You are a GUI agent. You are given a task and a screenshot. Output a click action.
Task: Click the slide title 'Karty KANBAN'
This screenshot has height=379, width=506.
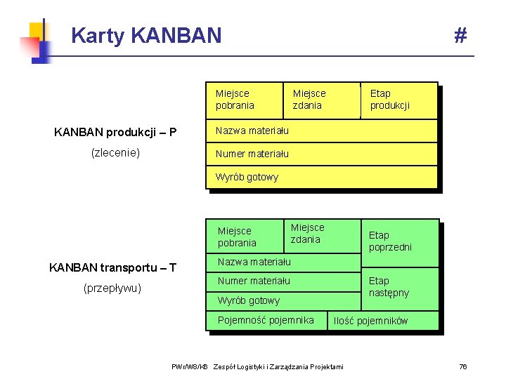tap(146, 35)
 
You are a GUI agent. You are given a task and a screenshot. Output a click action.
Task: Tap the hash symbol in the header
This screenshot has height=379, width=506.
tap(460, 35)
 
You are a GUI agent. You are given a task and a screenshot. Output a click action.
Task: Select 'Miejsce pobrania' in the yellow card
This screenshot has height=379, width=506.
tap(235, 99)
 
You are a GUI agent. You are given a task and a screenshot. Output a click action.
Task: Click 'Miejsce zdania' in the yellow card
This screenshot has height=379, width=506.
tap(309, 99)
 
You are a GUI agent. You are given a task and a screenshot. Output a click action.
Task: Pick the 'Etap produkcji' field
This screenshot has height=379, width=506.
tap(390, 99)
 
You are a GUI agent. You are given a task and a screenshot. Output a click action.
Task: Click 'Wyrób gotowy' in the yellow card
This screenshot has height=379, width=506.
tap(247, 177)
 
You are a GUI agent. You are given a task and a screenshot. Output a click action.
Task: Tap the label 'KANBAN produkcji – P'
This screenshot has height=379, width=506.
tap(115, 132)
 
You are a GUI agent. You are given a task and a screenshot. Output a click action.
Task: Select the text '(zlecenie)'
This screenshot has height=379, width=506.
tap(115, 152)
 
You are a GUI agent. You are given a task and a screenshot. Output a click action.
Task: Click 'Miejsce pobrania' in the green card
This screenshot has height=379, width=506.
tap(238, 237)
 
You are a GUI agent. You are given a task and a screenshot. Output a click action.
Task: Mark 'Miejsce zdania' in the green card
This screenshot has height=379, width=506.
tap(308, 233)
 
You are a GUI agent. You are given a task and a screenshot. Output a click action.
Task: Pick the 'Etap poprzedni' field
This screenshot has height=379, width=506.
tap(391, 241)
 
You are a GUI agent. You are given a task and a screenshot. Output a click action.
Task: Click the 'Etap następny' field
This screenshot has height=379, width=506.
tap(389, 286)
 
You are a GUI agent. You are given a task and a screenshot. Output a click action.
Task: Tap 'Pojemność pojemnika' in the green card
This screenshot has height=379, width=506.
tap(266, 320)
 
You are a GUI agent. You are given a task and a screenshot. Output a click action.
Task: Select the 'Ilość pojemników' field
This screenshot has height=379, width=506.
tap(370, 321)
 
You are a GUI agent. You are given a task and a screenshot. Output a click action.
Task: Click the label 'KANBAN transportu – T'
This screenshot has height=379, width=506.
tap(112, 267)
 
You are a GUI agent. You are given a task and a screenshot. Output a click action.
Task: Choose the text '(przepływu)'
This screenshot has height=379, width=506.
tap(112, 288)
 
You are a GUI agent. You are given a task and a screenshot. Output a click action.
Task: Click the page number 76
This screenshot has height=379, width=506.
tap(462, 366)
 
